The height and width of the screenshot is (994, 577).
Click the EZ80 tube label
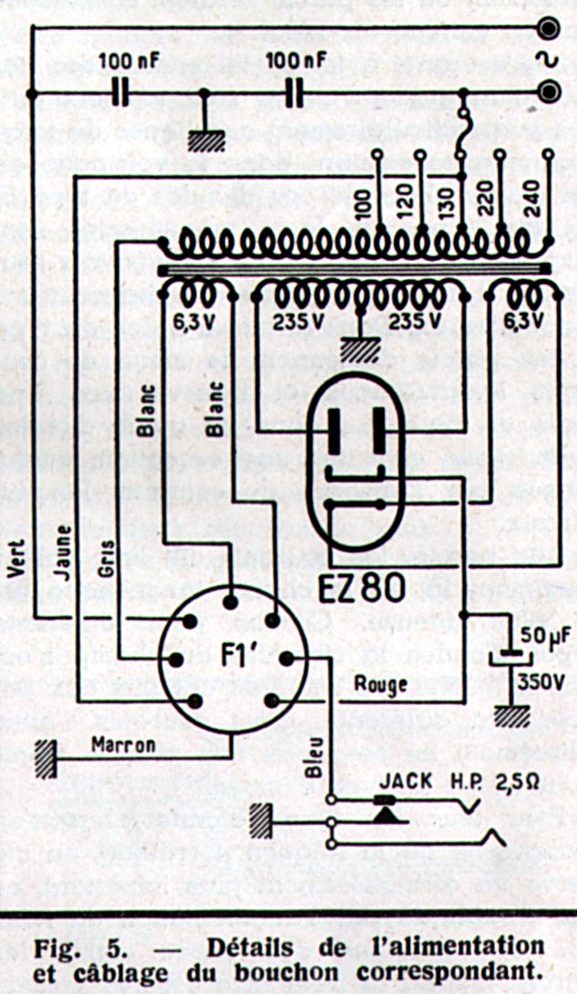point(362,590)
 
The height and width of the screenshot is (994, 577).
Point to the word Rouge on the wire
point(380,684)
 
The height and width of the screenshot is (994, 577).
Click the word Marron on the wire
point(122,745)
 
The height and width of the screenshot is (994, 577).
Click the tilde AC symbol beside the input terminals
point(551,61)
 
